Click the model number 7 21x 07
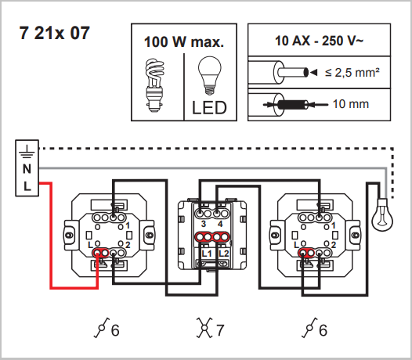coord(55,33)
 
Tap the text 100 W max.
coord(184,42)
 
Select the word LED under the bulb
coord(209,108)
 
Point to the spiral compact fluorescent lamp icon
coord(154,85)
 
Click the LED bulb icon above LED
coord(209,76)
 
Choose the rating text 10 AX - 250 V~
coord(319,41)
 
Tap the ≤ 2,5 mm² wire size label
coord(352,73)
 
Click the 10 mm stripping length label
coord(351,104)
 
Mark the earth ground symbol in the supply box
coord(27,152)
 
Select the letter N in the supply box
coord(27,169)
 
